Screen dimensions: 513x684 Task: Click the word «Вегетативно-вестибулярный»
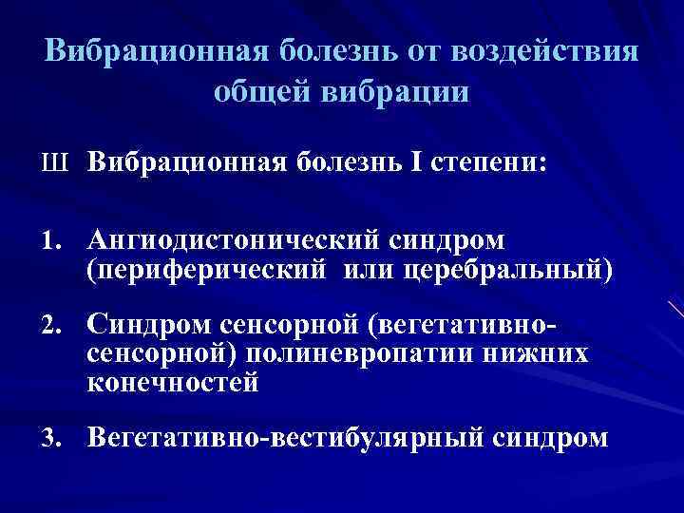pos(285,439)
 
